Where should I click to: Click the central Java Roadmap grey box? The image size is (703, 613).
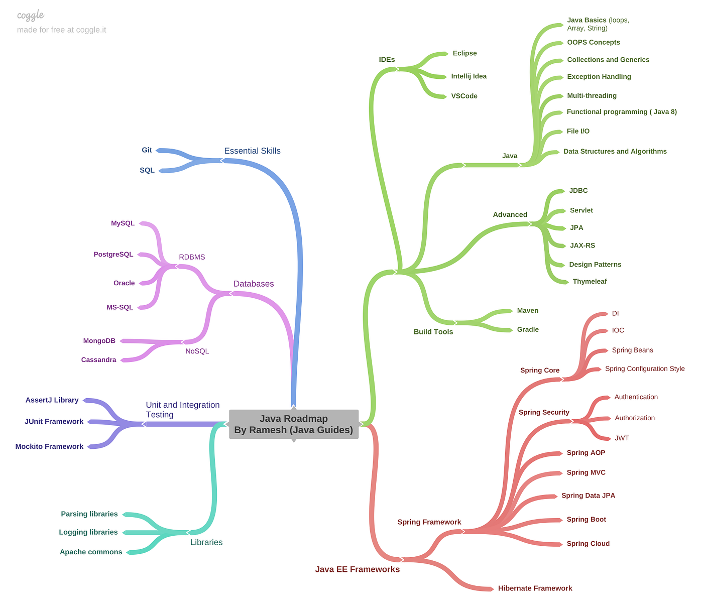tap(294, 424)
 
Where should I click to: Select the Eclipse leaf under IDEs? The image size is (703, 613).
tap(464, 53)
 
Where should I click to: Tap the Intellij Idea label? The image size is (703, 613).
tap(468, 76)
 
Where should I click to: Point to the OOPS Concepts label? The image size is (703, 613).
tap(593, 43)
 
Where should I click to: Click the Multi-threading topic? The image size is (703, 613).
tap(592, 96)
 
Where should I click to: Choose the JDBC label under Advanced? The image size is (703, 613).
tap(578, 191)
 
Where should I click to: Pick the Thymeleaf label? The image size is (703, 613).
tap(590, 282)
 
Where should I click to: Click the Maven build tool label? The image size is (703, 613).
tap(527, 311)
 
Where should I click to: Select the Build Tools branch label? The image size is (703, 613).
tap(433, 332)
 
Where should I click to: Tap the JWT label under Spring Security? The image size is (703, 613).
tap(622, 438)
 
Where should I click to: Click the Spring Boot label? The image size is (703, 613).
tap(586, 520)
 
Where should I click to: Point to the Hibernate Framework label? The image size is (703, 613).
tap(535, 588)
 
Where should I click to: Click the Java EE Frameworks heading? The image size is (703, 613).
tap(357, 569)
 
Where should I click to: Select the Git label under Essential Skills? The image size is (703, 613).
tap(147, 150)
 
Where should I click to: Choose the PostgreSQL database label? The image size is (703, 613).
tap(113, 255)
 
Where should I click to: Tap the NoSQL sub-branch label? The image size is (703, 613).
tap(197, 351)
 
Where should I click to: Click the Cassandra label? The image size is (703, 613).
tap(98, 360)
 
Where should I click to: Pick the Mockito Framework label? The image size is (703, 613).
tap(49, 447)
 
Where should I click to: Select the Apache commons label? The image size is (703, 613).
tap(91, 552)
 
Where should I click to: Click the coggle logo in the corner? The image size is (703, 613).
tap(31, 16)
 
